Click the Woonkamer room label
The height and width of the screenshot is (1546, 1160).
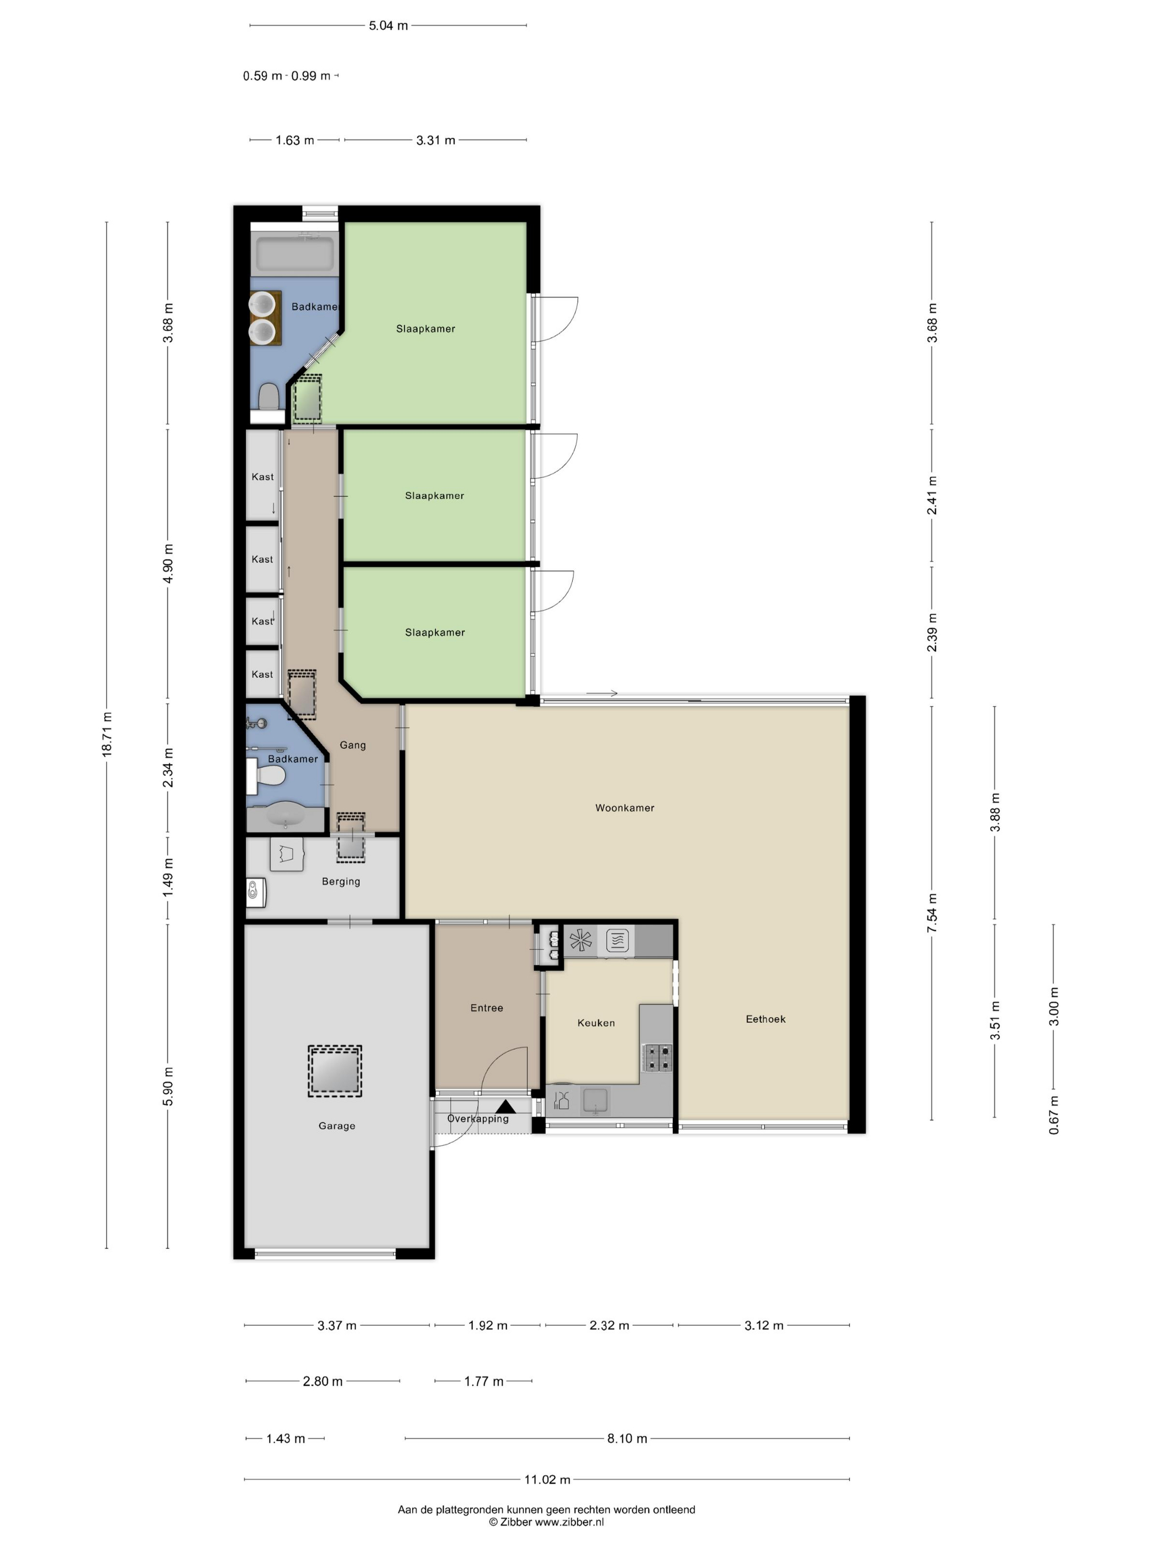coord(624,807)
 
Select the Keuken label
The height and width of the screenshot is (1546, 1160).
coord(595,1023)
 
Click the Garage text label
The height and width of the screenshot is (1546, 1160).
coord(336,1125)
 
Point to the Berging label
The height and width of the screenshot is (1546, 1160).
coord(340,881)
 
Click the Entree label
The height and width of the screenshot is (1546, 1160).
coord(486,1007)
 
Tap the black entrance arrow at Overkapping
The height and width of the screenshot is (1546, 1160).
coord(505,1107)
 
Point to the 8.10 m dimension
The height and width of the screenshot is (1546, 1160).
coord(626,1438)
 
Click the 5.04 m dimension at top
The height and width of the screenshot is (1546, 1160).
coord(388,26)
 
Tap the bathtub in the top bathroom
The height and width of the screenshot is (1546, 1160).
coord(294,253)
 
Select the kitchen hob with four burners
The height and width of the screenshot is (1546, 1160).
coord(657,1057)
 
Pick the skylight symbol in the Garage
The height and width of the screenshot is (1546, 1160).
coord(335,1071)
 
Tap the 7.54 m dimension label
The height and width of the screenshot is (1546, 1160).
coord(932,912)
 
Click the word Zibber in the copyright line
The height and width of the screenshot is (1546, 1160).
coord(516,1522)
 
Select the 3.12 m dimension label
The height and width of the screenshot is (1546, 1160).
coord(763,1325)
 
